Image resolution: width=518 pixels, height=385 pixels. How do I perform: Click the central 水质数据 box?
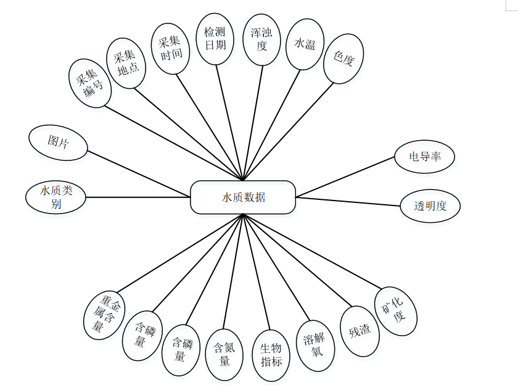(243, 197)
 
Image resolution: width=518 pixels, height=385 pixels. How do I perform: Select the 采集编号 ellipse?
(90, 83)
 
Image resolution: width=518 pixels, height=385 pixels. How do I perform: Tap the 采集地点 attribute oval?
(126, 63)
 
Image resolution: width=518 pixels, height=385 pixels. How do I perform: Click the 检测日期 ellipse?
(215, 37)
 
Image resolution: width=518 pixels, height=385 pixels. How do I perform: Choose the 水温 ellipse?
(305, 44)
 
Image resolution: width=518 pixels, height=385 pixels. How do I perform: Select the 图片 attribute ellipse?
(58, 142)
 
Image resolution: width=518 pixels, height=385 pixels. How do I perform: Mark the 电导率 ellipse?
(424, 157)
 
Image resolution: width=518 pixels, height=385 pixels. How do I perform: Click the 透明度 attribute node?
(430, 206)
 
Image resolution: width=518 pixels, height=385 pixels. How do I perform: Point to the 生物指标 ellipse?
(271, 355)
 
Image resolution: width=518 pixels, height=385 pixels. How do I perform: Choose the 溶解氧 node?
(316, 346)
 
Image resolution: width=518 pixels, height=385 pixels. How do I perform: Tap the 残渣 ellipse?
(360, 331)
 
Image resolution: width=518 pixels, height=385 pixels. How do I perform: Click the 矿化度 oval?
(396, 311)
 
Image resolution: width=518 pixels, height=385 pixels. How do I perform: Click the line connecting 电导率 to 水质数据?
(345, 177)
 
